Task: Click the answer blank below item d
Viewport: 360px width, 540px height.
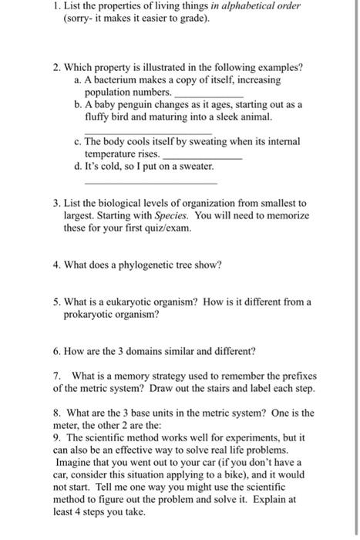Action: coord(150,183)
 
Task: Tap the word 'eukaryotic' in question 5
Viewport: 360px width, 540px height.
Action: coord(127,302)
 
